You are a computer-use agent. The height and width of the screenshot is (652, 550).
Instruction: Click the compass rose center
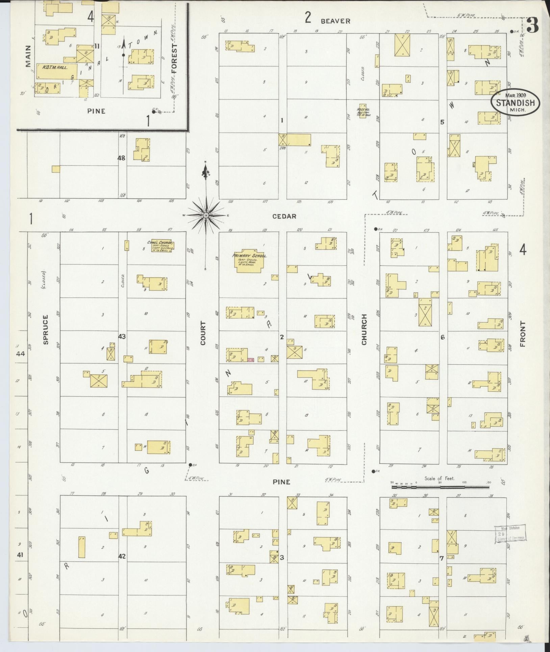(x=206, y=215)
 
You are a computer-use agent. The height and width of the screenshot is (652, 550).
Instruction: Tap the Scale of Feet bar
(x=440, y=487)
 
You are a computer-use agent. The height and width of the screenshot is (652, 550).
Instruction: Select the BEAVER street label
(x=335, y=21)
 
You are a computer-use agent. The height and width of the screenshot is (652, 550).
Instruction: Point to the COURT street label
(x=203, y=333)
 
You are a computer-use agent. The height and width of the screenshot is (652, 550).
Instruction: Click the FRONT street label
(x=523, y=334)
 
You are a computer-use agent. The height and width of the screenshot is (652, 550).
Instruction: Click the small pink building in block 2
(x=251, y=360)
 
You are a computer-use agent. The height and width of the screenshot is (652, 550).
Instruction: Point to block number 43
(x=122, y=337)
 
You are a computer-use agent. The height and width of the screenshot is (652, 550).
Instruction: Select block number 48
(x=122, y=158)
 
